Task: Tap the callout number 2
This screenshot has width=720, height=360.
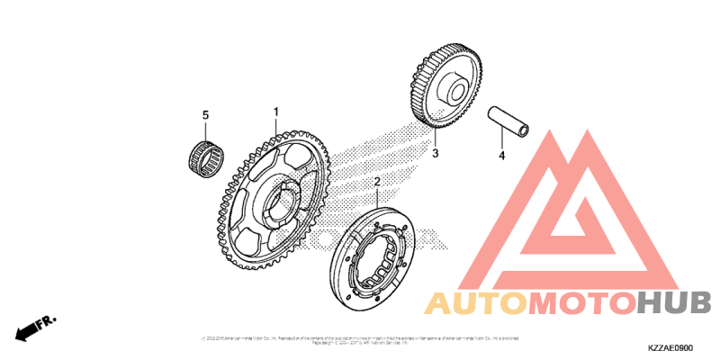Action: pos(378,183)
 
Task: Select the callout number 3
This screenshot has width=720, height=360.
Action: pos(435,154)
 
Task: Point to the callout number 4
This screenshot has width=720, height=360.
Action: pos(503,155)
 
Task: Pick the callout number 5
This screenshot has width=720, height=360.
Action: pos(205,115)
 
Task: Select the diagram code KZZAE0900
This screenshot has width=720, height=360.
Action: pos(670,346)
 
